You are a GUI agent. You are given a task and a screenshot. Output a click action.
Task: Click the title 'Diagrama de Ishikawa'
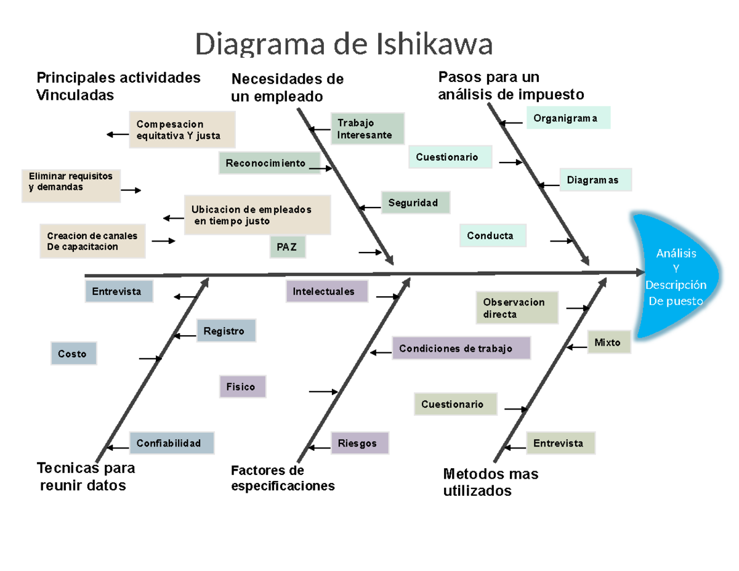coord(344,44)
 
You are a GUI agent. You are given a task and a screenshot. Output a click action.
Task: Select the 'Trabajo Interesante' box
coord(367,129)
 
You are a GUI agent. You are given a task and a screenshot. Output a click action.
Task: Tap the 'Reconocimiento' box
coord(270,163)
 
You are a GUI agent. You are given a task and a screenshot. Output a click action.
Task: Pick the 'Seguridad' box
coord(416,203)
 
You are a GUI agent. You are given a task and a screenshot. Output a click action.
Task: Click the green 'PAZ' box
coord(287,248)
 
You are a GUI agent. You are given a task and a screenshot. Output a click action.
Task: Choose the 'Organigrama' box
coord(568,118)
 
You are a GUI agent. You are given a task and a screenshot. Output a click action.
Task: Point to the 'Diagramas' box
coord(596,180)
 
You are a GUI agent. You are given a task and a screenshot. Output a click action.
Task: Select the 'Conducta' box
coord(493,235)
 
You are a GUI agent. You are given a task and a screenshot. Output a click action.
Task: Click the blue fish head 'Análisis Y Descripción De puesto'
coord(676,277)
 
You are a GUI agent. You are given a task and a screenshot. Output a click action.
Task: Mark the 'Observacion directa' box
coord(517,308)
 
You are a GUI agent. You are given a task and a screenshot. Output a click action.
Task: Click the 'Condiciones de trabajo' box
coord(461,349)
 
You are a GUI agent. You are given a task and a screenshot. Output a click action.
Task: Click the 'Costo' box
coord(73,354)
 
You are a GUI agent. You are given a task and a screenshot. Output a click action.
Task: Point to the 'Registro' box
coord(225,331)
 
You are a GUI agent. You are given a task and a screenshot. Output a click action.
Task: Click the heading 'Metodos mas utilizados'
coord(490,482)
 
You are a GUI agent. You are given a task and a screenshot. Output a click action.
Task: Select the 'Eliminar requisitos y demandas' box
coord(71,185)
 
